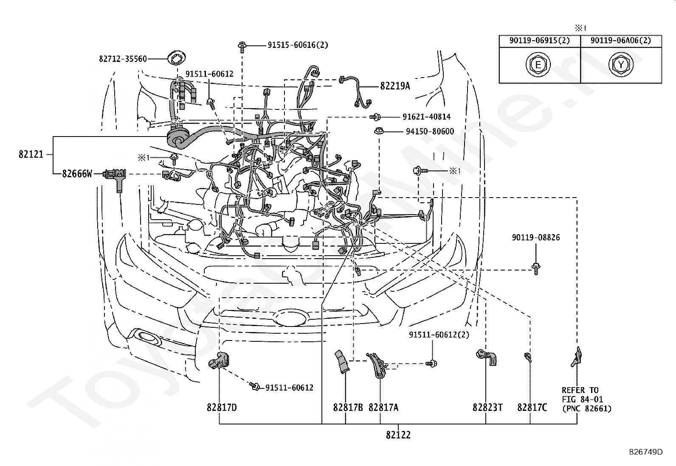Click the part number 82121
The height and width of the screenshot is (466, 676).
[x=31, y=154]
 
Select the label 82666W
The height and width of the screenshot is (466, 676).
[x=77, y=174]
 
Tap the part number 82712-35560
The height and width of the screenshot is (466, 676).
[x=123, y=59]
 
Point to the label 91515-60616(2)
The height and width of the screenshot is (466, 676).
[x=298, y=45]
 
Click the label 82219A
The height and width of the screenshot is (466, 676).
[x=395, y=86]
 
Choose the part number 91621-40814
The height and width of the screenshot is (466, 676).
[x=427, y=117]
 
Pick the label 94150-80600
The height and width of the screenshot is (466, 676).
[x=430, y=131]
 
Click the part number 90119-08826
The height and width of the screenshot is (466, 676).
[x=536, y=237]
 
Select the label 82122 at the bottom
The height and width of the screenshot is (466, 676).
[x=398, y=435]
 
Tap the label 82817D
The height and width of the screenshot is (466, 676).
[x=222, y=407]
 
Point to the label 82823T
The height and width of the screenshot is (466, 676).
[x=488, y=407]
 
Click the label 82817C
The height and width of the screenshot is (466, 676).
[x=532, y=407]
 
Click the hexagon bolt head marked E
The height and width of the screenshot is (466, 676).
[x=538, y=65]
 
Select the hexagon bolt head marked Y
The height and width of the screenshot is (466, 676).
[x=621, y=65]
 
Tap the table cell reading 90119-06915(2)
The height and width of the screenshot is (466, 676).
[x=540, y=41]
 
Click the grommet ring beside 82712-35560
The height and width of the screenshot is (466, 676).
[x=177, y=58]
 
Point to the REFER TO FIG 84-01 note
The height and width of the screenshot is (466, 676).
[x=586, y=399]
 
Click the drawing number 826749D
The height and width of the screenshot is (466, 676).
[x=646, y=452]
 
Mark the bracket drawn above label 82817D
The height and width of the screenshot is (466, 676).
[x=219, y=360]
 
